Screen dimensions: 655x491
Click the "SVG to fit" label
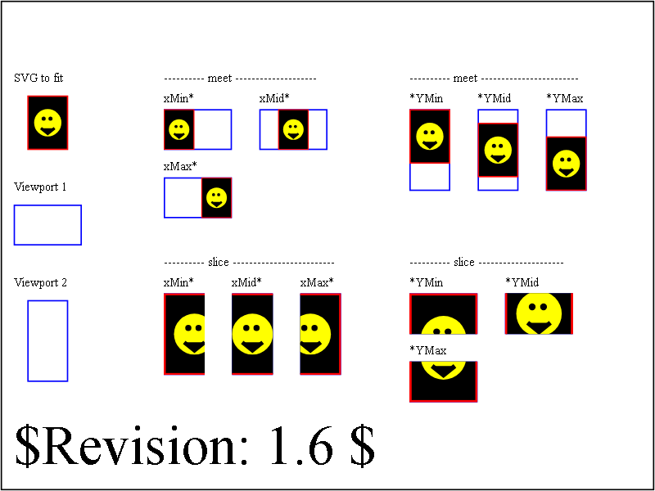pos(38,78)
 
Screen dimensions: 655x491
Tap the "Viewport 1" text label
pos(40,187)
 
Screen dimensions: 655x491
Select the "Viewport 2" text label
pos(40,282)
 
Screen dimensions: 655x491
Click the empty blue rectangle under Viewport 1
pos(47,205)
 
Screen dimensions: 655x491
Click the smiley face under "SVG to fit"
pos(47,123)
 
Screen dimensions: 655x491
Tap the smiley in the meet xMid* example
pos(293,129)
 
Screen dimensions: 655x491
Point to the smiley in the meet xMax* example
pos(216,197)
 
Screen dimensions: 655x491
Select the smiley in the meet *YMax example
pos(566,163)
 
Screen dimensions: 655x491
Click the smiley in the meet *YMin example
pos(430,136)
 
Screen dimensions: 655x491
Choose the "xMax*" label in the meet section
pos(180,166)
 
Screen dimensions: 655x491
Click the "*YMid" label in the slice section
pos(522,282)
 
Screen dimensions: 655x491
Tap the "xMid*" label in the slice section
pos(246,282)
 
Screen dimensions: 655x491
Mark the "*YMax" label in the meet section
pos(565,98)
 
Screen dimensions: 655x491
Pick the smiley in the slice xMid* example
pos(252,334)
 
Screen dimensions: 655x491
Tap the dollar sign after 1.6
pos(363,447)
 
